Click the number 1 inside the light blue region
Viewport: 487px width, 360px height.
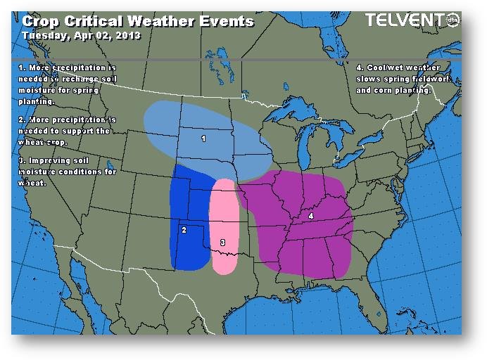[x=203, y=139]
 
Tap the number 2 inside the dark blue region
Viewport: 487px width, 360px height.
[x=184, y=230]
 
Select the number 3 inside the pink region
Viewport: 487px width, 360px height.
[x=222, y=243]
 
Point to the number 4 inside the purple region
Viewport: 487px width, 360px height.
[x=310, y=217]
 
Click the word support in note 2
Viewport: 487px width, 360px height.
[x=75, y=131]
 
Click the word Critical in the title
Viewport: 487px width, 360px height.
[x=94, y=21]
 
